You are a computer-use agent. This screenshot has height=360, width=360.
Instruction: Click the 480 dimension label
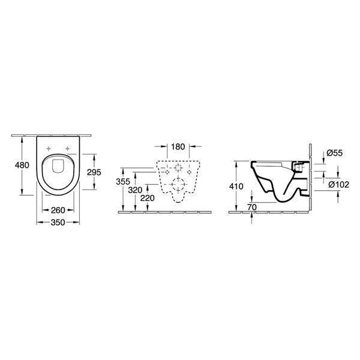click(22, 165)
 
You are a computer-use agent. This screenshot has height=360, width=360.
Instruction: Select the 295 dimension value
click(94, 172)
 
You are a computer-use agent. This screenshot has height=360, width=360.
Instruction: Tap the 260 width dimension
click(58, 210)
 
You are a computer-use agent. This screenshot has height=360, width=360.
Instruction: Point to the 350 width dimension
click(58, 223)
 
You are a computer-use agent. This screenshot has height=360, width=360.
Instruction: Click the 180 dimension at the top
click(178, 147)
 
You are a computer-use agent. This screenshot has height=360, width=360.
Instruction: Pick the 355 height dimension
click(123, 182)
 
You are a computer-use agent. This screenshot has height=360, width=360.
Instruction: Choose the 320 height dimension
click(135, 190)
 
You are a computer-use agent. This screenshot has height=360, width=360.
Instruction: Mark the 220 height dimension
click(148, 198)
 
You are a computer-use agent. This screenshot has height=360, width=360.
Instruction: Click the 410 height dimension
click(236, 187)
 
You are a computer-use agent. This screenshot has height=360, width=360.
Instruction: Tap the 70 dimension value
click(252, 207)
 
